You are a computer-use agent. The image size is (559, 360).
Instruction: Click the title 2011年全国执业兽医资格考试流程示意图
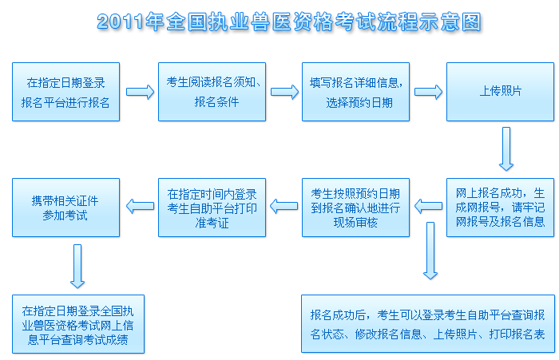289,22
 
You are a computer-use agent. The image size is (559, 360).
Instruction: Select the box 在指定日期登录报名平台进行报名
66,92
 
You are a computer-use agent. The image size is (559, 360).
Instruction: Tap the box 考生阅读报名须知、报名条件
212,92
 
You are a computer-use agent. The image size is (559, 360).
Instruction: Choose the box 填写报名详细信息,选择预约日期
356,92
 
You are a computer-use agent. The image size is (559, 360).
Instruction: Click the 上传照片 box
500,92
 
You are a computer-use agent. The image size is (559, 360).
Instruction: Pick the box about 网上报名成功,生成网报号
500,207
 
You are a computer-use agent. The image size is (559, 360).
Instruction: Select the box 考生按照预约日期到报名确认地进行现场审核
356,207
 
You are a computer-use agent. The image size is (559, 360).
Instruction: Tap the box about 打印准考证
212,207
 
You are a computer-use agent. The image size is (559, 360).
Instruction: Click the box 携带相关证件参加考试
66,207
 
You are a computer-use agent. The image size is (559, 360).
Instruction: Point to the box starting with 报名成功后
427,324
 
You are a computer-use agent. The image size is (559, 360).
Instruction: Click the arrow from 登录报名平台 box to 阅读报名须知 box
140,92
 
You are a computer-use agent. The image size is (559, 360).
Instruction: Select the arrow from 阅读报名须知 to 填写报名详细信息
284,92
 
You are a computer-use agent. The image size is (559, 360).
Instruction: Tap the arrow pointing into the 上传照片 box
428,92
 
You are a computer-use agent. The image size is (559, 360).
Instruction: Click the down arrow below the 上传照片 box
506,149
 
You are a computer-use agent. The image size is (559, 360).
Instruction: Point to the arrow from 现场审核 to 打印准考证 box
284,207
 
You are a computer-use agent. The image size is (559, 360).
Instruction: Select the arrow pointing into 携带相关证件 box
140,207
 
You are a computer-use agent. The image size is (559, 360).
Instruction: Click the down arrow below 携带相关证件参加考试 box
77,265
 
